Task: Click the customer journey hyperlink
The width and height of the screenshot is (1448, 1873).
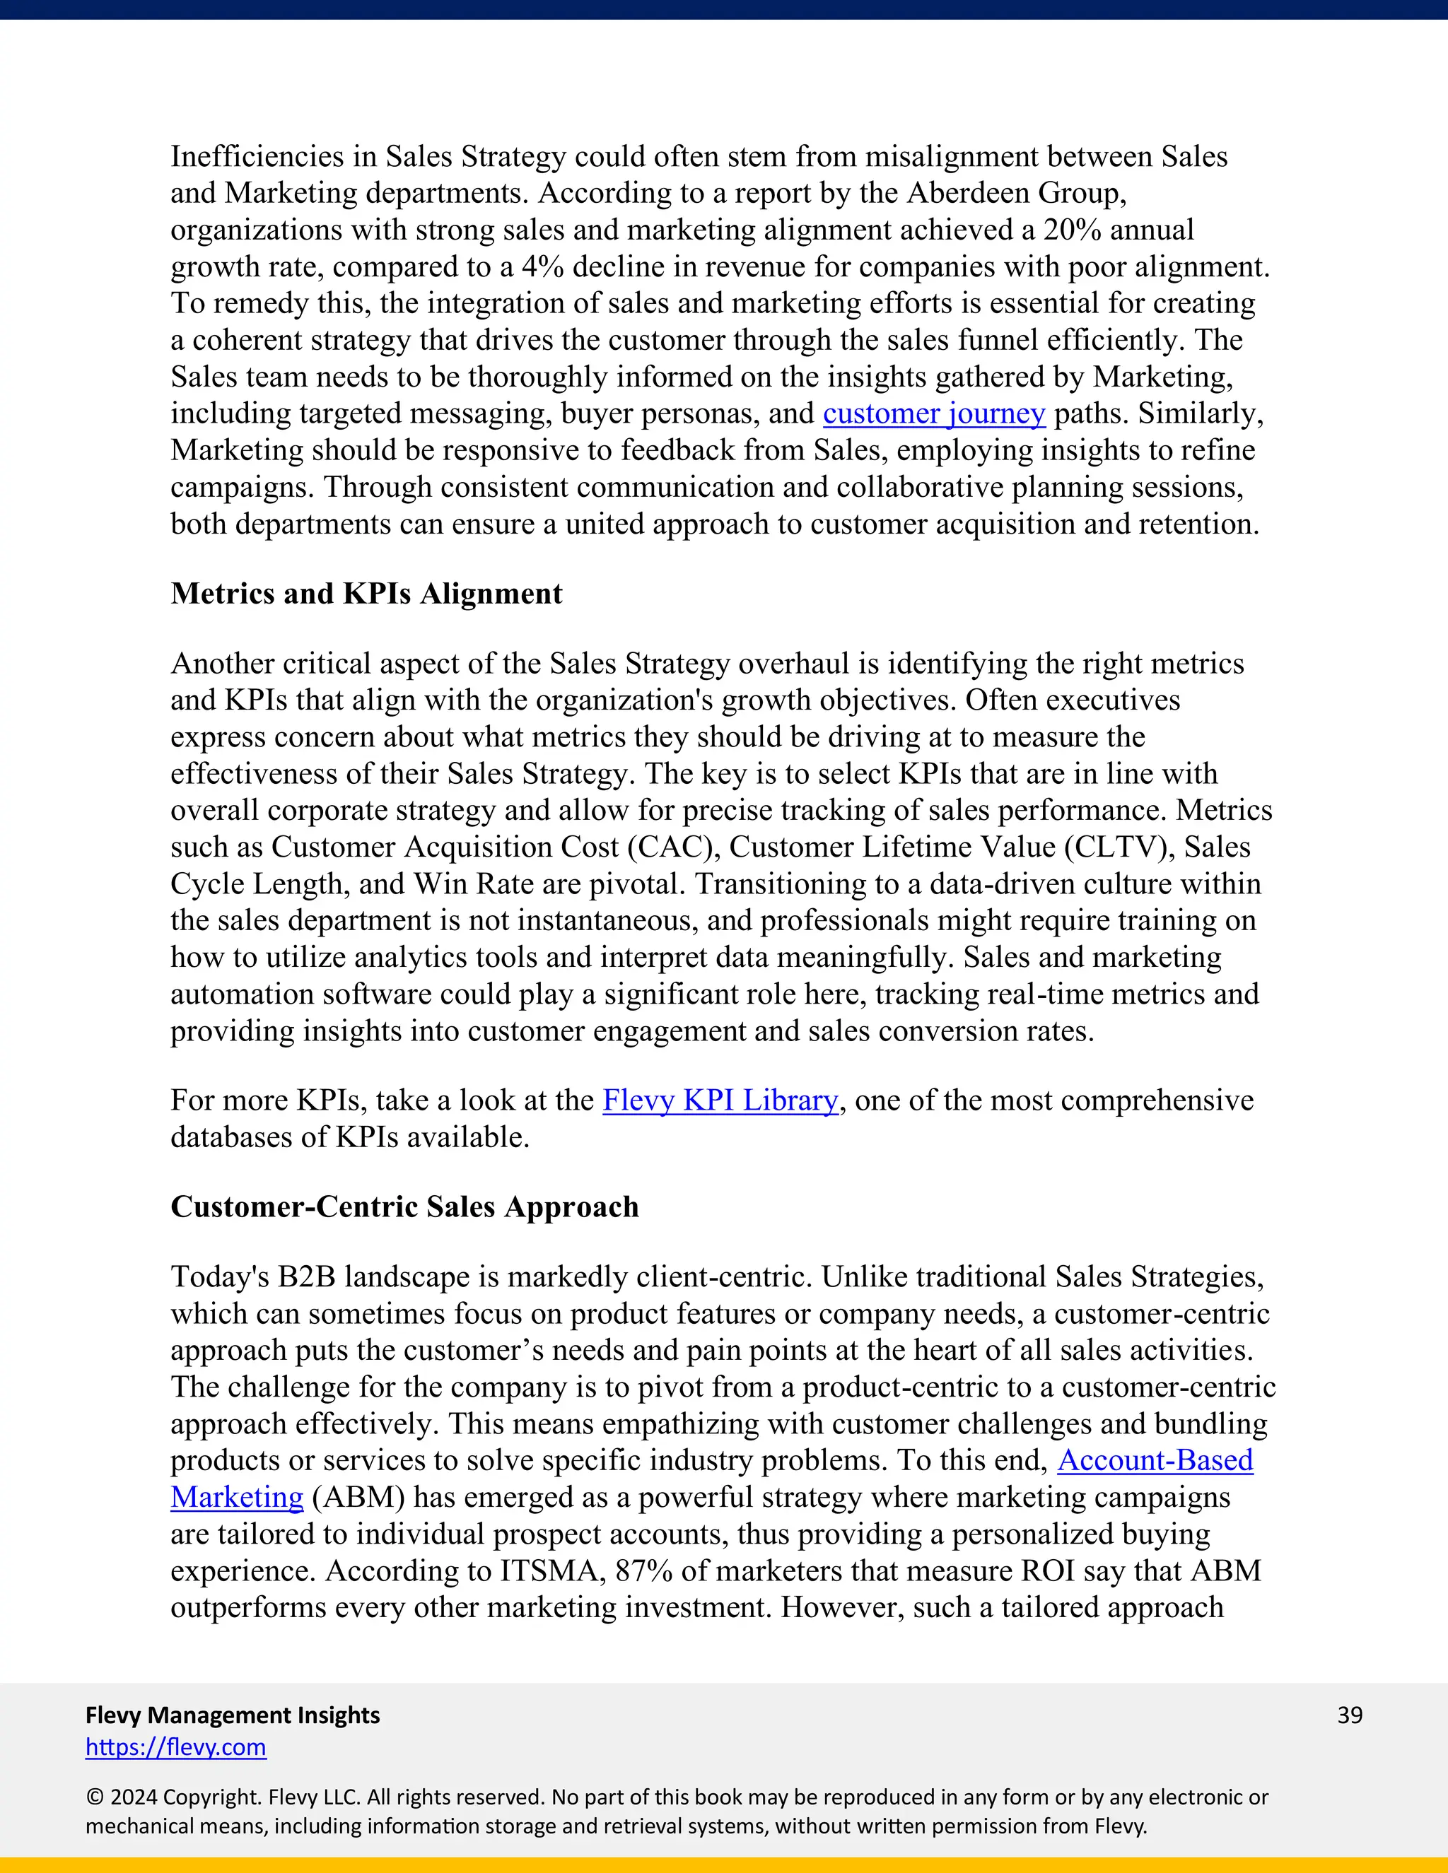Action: tap(933, 414)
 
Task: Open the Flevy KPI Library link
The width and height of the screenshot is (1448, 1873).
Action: tap(720, 1101)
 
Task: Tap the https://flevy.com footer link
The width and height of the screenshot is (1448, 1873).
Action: tap(176, 1747)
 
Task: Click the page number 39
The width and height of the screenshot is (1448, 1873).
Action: tap(1349, 1715)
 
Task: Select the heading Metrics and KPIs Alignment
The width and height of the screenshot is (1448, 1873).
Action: tap(366, 594)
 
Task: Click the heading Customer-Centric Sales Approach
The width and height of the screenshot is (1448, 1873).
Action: tap(404, 1206)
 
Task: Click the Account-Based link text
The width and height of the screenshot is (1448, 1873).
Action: tap(1155, 1460)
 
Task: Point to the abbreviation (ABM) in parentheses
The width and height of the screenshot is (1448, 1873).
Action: tap(358, 1498)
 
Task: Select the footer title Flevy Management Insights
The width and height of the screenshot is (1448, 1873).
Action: tap(233, 1715)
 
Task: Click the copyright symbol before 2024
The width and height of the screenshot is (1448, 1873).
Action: tap(93, 1797)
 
